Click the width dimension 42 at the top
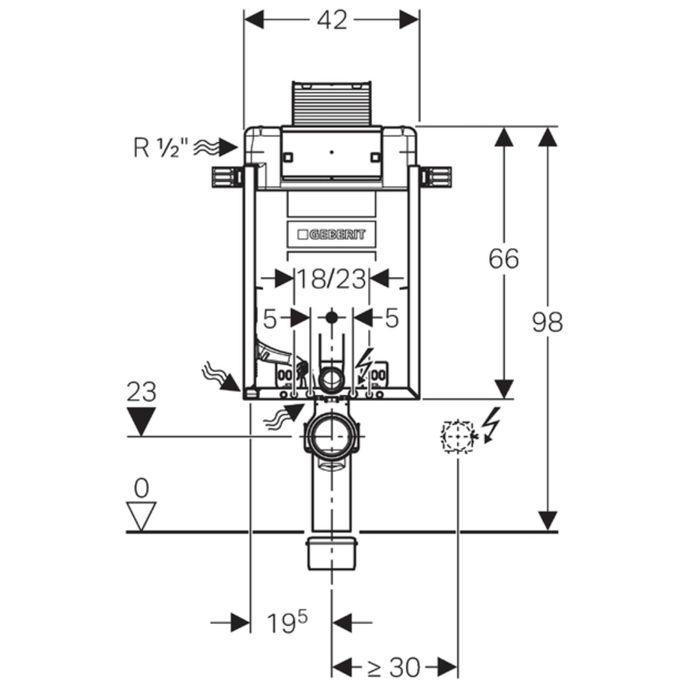[332, 21]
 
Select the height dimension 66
[504, 258]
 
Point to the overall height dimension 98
[547, 322]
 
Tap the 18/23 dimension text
[331, 279]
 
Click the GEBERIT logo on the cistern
[332, 235]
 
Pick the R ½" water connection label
[161, 148]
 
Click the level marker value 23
[141, 392]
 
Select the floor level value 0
[141, 488]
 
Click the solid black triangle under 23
[141, 421]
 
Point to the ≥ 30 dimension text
[394, 667]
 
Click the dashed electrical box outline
[457, 436]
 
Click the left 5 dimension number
[270, 319]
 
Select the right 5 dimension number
[391, 318]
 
